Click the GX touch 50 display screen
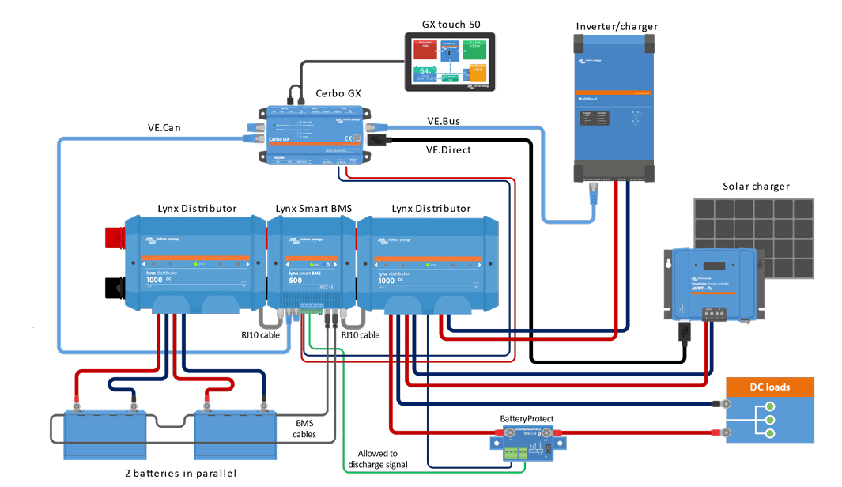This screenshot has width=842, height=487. [x=449, y=61]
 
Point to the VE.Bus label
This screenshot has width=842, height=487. [x=444, y=121]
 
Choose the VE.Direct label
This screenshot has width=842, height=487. [x=448, y=149]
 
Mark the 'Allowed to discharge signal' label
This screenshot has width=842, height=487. [x=377, y=459]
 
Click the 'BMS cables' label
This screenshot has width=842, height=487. [x=304, y=429]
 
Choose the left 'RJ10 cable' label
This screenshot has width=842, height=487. [x=262, y=334]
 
